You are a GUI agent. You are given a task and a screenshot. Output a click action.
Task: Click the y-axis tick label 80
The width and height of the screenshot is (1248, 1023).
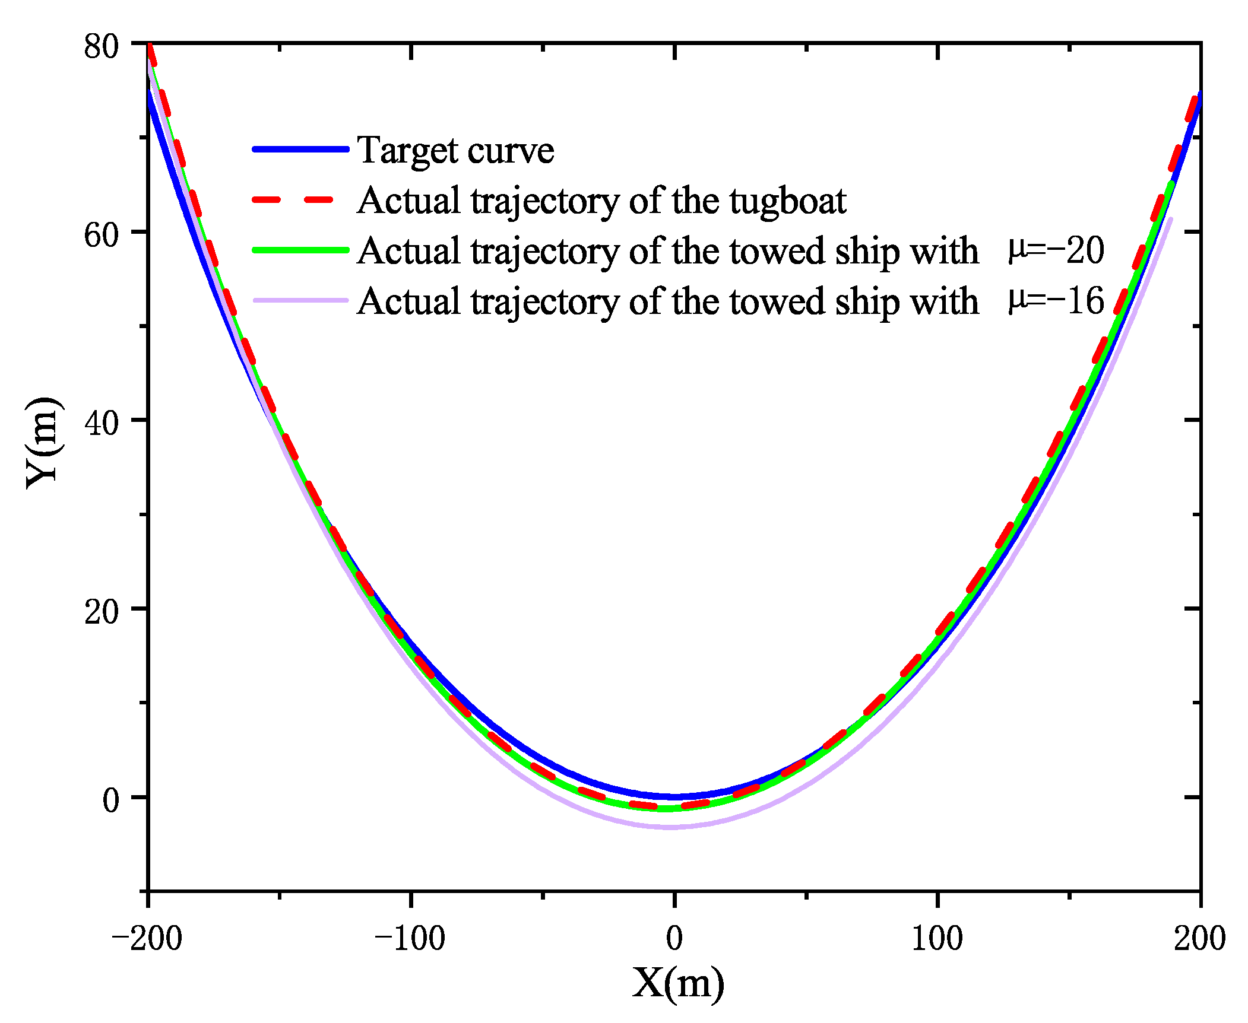[x=102, y=46]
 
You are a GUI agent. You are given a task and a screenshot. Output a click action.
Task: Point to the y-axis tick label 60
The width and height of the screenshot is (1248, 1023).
[x=102, y=235]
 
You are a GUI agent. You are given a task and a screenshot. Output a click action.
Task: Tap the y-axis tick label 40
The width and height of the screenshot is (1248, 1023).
[x=102, y=423]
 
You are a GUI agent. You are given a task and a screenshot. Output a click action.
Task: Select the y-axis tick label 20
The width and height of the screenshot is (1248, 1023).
[x=102, y=612]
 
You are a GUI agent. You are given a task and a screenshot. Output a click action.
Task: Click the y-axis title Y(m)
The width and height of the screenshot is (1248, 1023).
[x=42, y=443]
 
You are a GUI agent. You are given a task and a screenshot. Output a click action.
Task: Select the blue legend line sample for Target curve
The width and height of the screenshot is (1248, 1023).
[x=300, y=149]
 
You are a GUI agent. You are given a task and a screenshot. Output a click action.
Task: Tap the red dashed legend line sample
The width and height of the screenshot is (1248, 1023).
[x=300, y=200]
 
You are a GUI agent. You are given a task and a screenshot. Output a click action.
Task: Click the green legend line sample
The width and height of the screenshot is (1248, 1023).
[x=300, y=250]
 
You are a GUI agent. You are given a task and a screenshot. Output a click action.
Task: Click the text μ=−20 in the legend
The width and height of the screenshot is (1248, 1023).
[x=1056, y=250]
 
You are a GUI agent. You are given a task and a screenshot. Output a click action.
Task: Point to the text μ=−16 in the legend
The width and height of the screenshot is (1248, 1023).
[x=1056, y=300]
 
